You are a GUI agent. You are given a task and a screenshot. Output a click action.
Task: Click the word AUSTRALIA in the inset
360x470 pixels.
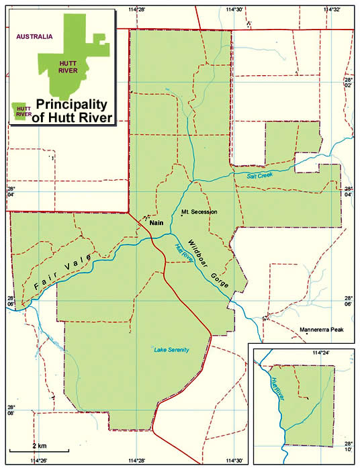click(35, 37)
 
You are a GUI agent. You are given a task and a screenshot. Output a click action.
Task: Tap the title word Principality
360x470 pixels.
click(71, 105)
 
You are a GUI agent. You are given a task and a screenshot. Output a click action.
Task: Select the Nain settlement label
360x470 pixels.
click(156, 222)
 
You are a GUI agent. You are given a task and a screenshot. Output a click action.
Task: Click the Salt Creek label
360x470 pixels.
click(260, 175)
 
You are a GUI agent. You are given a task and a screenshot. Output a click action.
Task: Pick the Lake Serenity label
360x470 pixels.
click(171, 350)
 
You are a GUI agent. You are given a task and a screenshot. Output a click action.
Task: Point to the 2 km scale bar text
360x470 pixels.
click(39, 446)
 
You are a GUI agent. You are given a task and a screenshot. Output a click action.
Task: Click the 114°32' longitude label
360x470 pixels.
click(332, 9)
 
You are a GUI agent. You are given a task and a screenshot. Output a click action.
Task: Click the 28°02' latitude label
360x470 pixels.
click(348, 82)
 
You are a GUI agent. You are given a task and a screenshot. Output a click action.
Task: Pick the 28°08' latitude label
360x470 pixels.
click(11, 411)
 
